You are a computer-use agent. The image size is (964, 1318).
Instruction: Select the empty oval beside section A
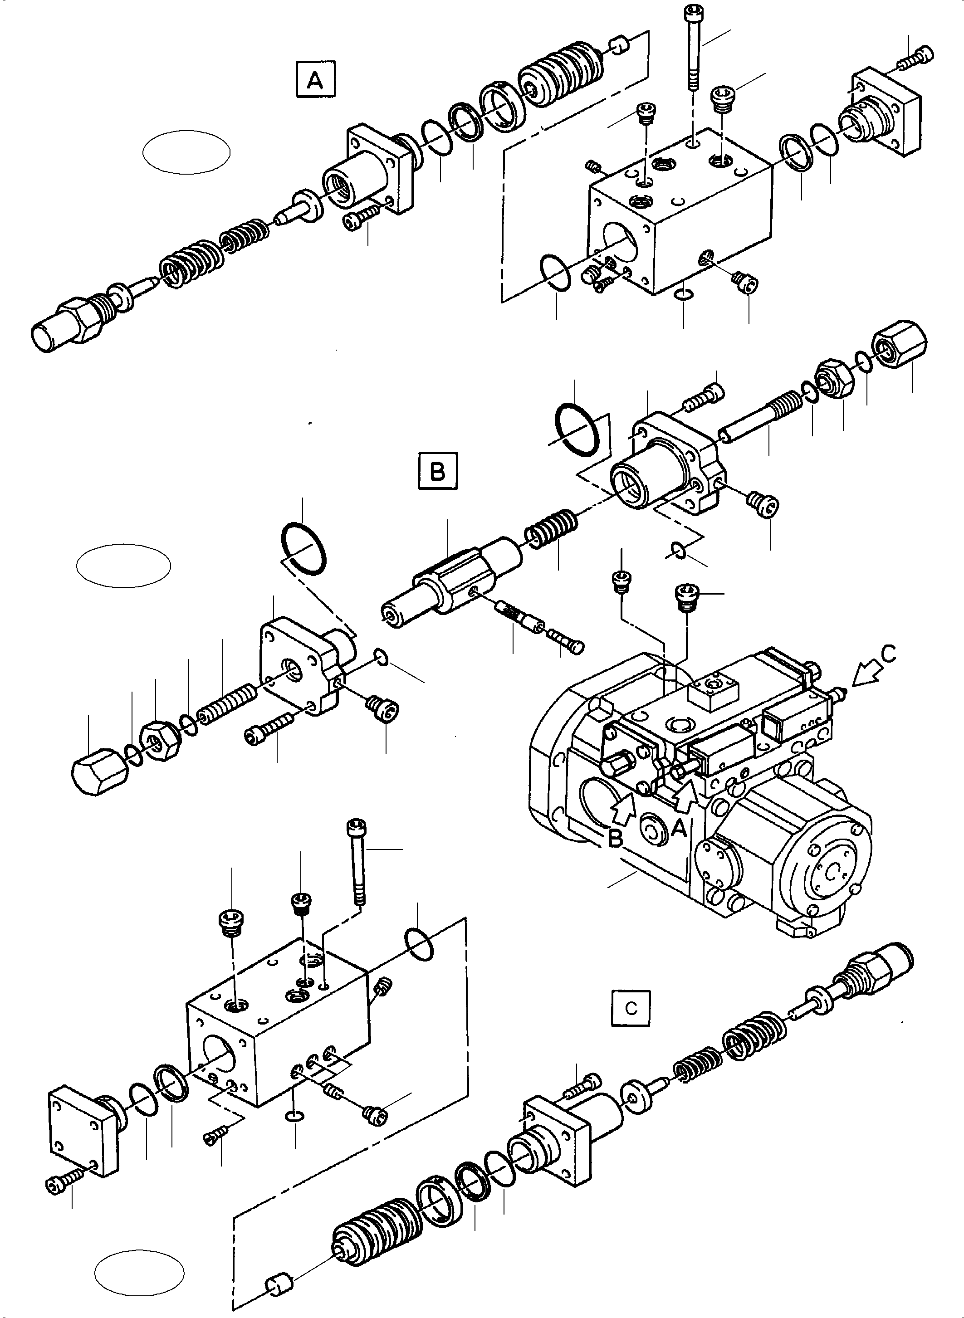pyautogui.click(x=186, y=151)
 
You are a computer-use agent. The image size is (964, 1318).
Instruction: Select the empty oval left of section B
pyautogui.click(x=123, y=566)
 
